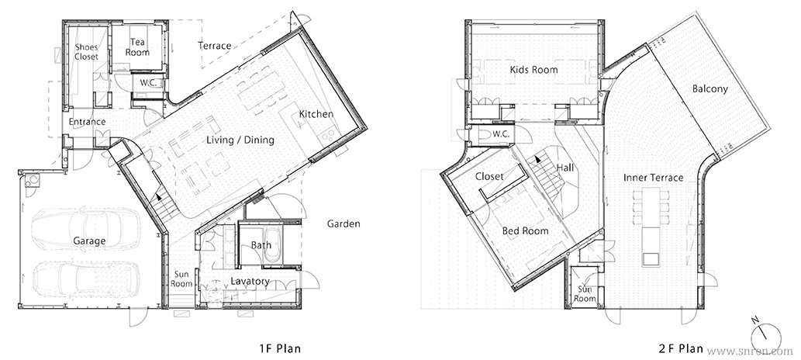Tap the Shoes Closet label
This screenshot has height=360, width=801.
[x=86, y=52]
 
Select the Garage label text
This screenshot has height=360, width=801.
[x=89, y=241]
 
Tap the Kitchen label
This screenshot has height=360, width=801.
[x=316, y=114]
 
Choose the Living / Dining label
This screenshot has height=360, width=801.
[x=240, y=140]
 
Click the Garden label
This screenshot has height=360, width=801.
[x=344, y=223]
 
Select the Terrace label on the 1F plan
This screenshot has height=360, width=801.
[x=215, y=46]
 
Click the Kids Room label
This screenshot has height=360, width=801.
[x=533, y=70]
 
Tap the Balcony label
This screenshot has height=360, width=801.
[x=710, y=89]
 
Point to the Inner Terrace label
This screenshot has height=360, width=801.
[x=654, y=178]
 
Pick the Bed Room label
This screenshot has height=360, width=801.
[x=525, y=231]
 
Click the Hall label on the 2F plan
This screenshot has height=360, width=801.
[x=565, y=168]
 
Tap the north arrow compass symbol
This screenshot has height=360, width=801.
[x=766, y=335]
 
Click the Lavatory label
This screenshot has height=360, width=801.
[x=250, y=281]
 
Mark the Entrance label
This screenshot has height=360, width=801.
[x=87, y=122]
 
